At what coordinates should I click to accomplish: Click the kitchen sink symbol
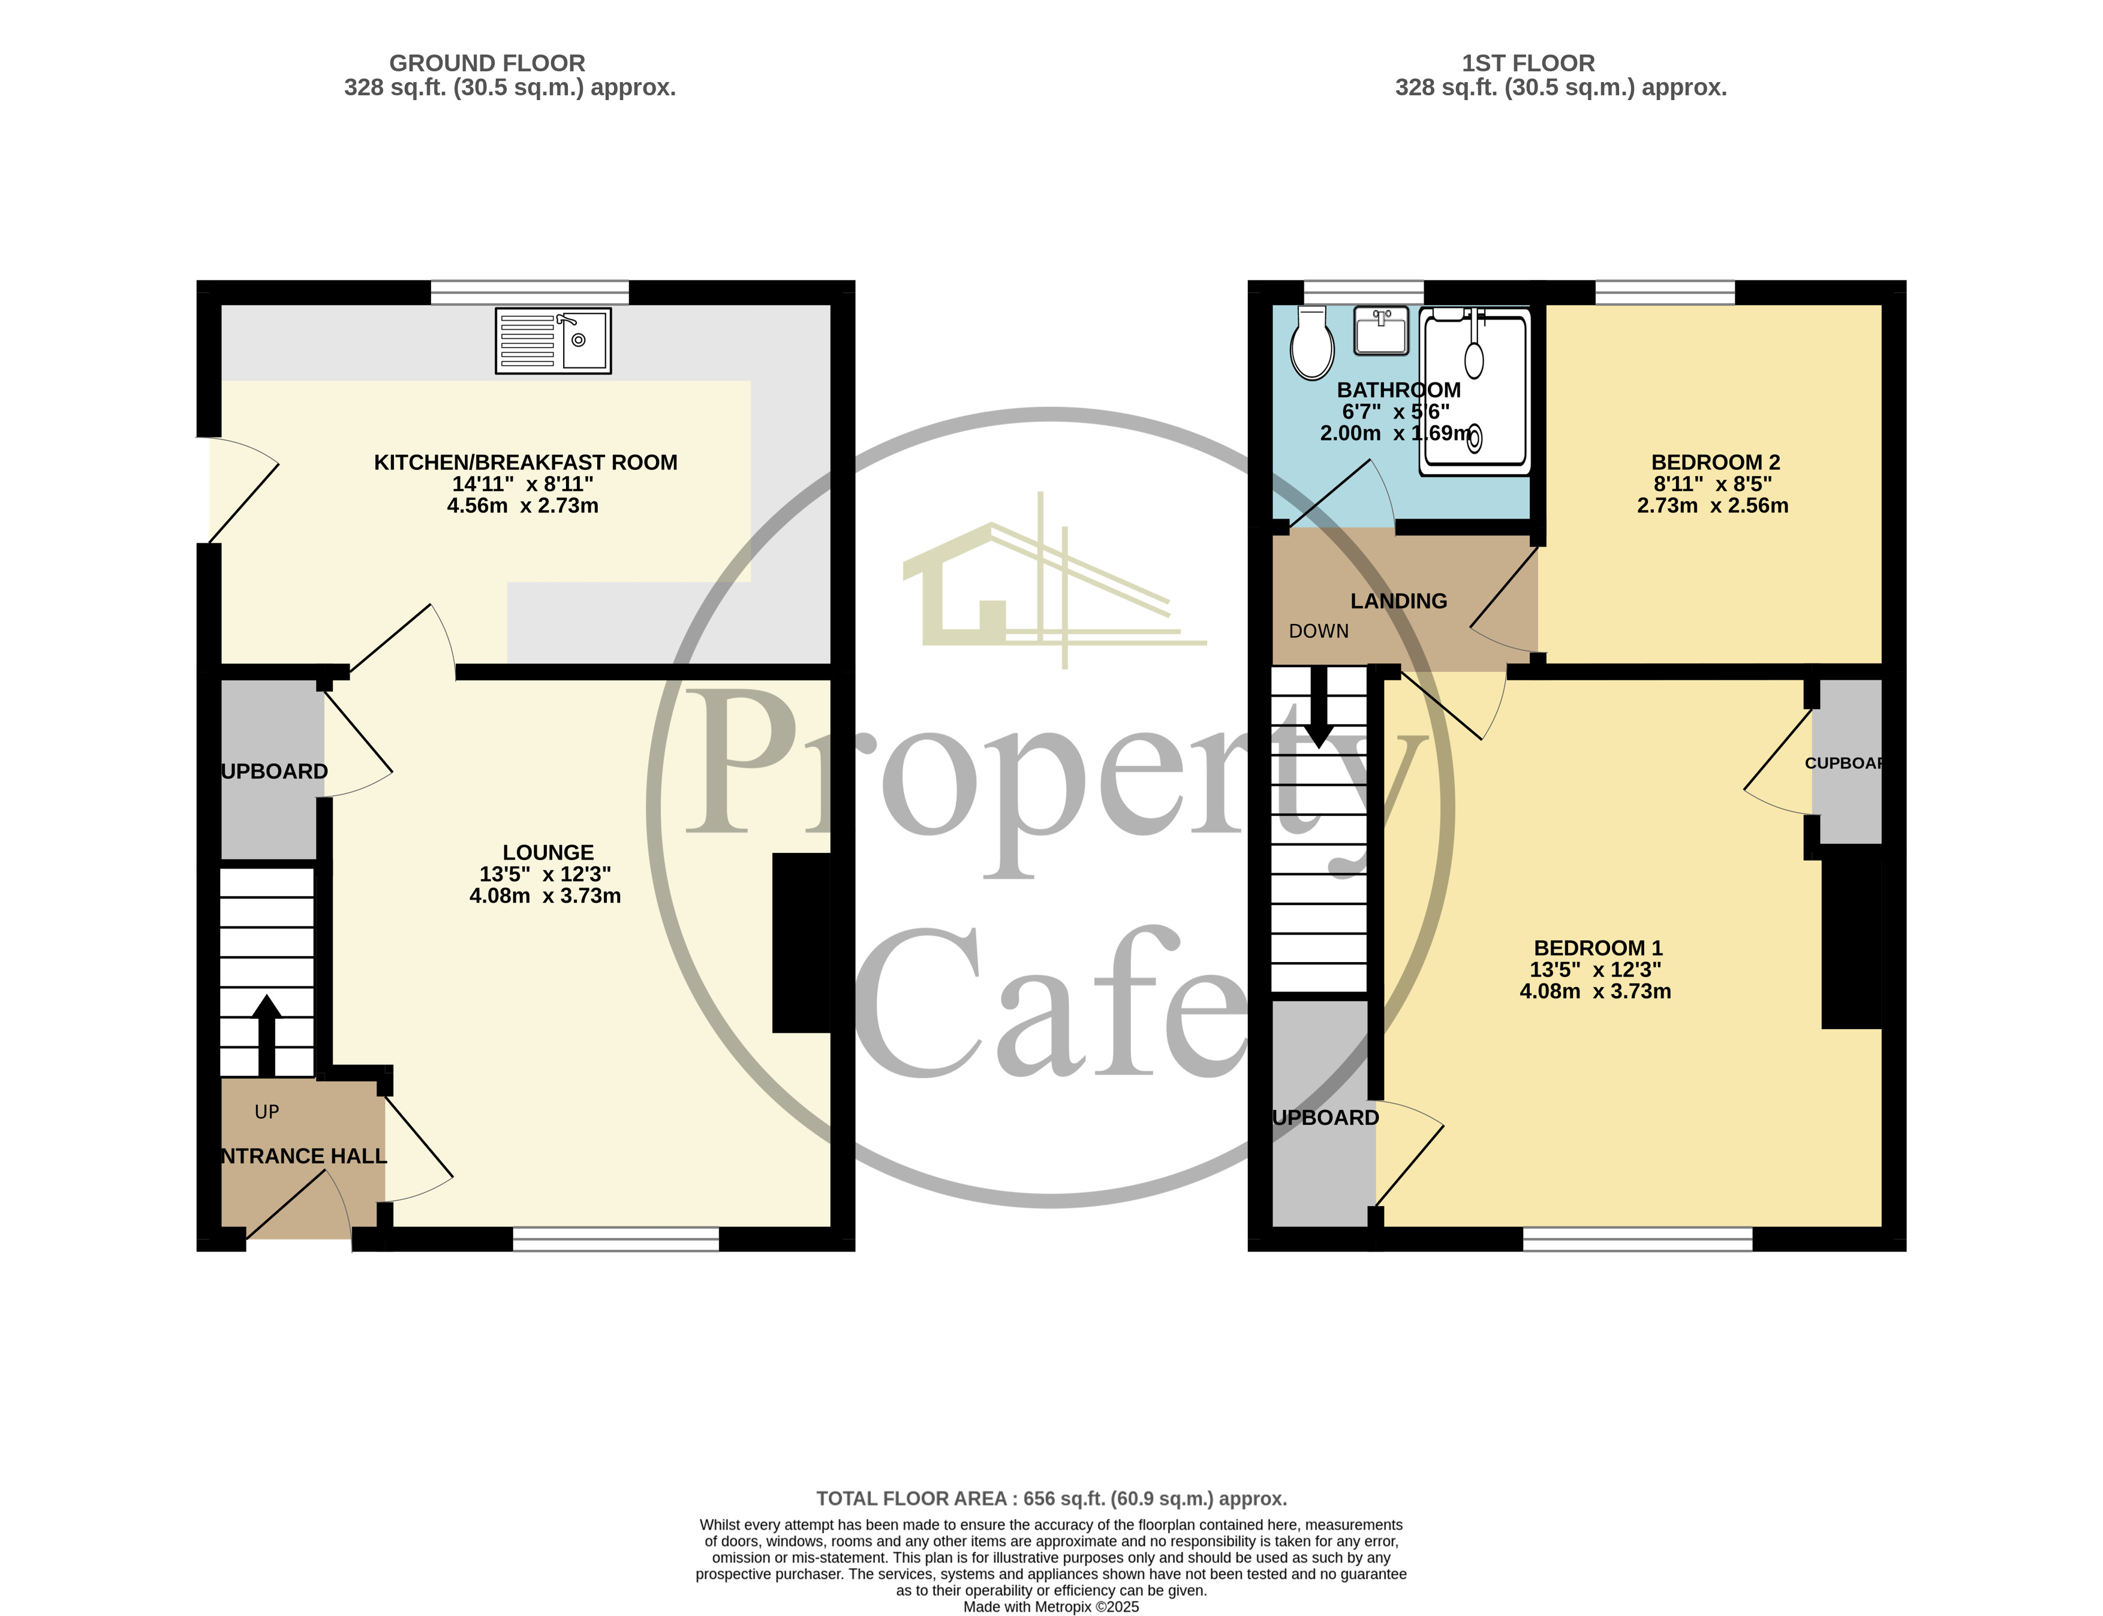[553, 340]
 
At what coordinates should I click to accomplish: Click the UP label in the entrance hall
[266, 1112]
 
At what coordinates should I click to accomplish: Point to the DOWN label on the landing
[1318, 631]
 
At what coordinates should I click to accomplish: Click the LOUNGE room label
[547, 852]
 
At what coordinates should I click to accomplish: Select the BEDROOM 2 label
[1714, 463]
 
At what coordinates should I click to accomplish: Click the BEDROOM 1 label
[1597, 948]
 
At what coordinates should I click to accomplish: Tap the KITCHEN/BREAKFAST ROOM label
[525, 463]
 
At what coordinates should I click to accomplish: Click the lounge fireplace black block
[801, 943]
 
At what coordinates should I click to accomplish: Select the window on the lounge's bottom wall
[616, 1239]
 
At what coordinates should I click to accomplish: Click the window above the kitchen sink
[529, 293]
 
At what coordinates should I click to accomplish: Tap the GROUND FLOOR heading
[487, 64]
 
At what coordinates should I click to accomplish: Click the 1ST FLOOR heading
[1528, 64]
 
